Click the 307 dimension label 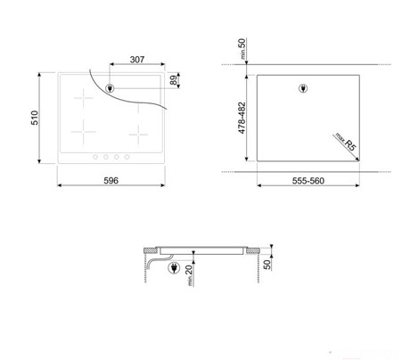137,60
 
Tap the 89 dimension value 173,80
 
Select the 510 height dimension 35,118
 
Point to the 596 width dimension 111,181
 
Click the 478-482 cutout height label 242,118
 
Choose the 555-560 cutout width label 308,181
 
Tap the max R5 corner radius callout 346,143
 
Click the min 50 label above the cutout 242,48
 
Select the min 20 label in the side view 190,275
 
